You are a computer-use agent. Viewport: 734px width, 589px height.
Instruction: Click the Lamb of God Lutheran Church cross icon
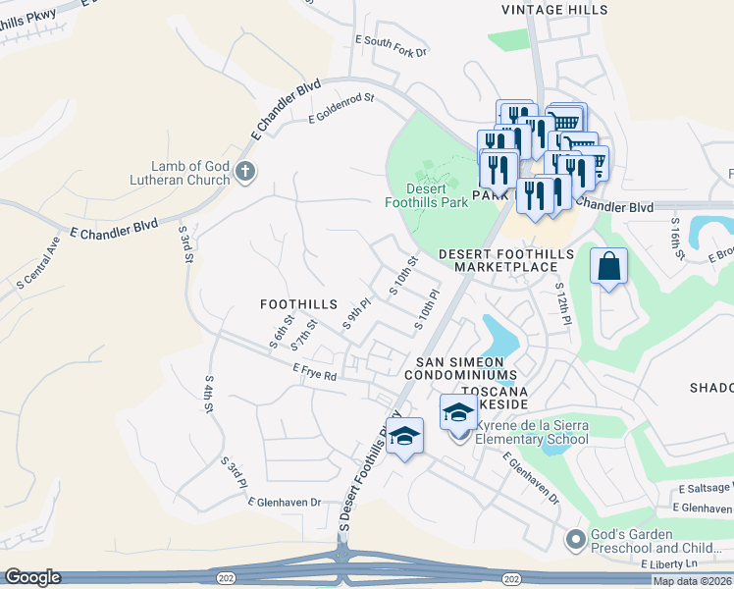(245, 173)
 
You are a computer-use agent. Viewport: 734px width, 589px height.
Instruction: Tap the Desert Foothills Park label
(426, 195)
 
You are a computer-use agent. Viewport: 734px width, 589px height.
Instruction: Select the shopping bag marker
(608, 266)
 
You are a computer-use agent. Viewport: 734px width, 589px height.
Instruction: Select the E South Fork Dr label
(391, 45)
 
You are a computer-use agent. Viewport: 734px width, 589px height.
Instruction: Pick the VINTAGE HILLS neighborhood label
(554, 10)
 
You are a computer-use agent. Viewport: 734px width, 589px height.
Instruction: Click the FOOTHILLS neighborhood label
(298, 305)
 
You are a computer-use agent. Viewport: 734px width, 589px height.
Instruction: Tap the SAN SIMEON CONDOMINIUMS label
(460, 368)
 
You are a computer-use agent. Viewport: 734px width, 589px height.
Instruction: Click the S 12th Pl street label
(562, 303)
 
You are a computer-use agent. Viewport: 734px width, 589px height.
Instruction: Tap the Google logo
(32, 577)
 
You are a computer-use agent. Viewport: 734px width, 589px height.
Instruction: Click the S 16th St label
(676, 241)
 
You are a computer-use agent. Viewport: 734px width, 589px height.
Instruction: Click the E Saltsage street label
(705, 488)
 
